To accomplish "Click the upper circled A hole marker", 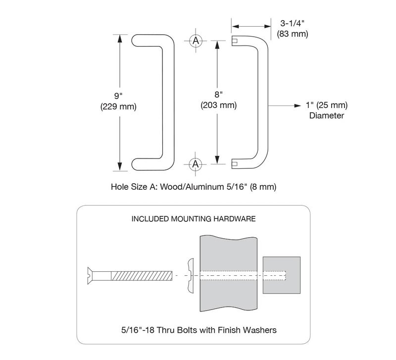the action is [196, 41].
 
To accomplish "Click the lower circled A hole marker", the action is [196, 164].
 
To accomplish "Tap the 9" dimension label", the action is [118, 96].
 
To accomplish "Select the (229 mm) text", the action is [118, 106].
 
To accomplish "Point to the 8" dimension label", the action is [218, 94].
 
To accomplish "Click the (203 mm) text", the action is [219, 105].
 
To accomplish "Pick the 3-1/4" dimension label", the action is [293, 23].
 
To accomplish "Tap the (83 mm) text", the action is [293, 34].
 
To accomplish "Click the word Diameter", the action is [327, 116].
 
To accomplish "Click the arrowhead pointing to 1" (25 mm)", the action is [298, 105].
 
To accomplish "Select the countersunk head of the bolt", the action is [90, 276].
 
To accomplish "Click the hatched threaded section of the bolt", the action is [142, 276].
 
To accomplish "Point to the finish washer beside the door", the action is [191, 276].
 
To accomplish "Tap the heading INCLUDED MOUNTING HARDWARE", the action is [194, 219].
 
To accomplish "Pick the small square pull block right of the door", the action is [282, 275].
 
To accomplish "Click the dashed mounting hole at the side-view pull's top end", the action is [234, 41].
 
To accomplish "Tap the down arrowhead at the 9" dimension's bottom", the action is [120, 166].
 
